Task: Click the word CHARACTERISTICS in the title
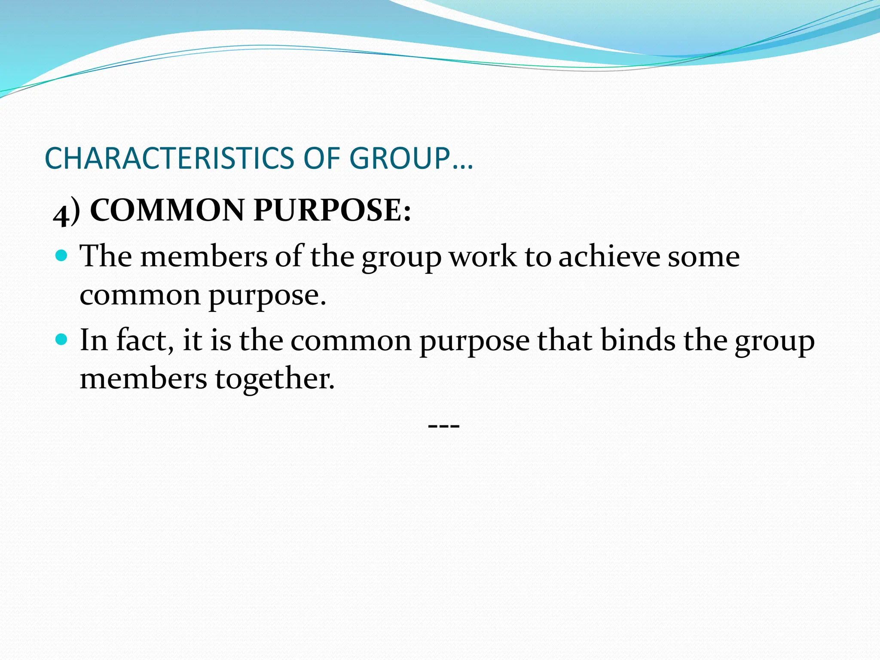click(169, 158)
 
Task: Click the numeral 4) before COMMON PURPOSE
click(67, 212)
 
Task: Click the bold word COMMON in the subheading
click(167, 211)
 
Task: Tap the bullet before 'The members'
click(62, 257)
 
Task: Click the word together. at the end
click(275, 379)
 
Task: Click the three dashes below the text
click(444, 426)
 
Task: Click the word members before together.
click(144, 379)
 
